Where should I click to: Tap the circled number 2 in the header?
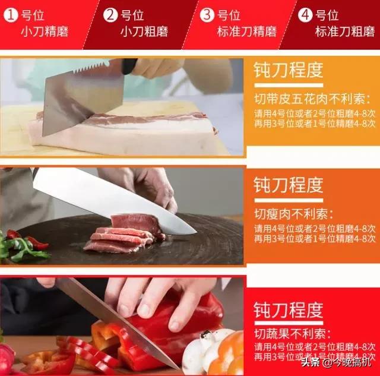[110, 15]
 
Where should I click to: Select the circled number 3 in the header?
[207, 15]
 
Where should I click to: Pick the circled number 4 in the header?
[305, 15]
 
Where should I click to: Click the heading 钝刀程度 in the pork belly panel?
[289, 70]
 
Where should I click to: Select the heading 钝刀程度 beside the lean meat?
[289, 185]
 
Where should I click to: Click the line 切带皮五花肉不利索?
[308, 99]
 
